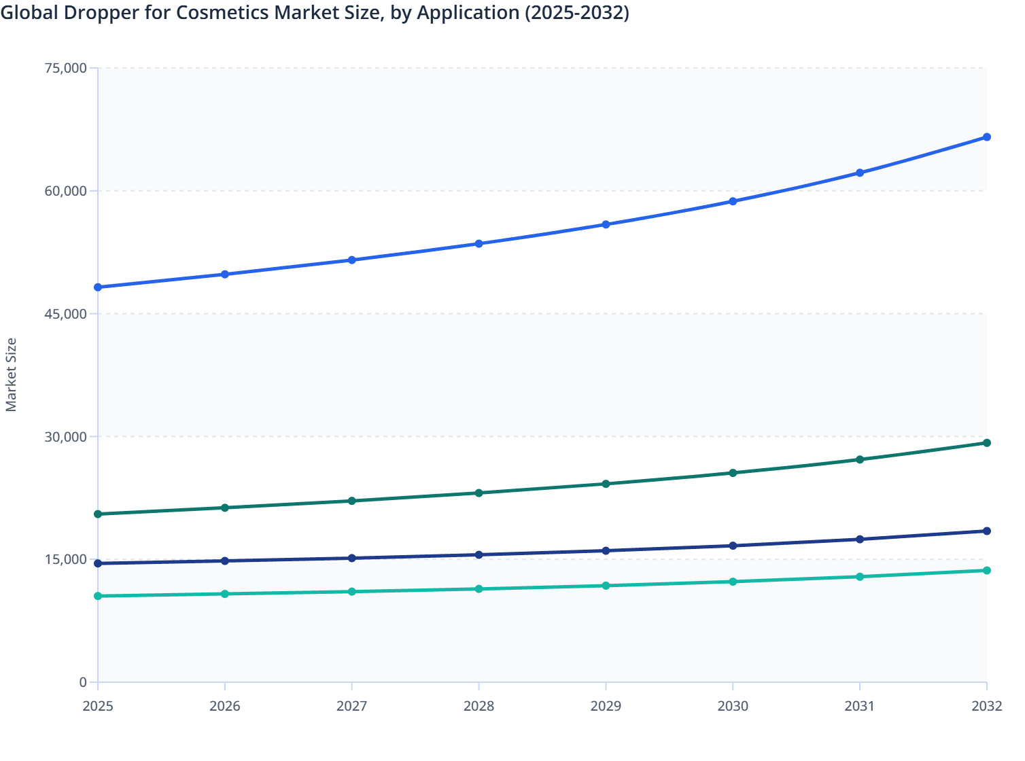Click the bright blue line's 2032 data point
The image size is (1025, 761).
tap(986, 137)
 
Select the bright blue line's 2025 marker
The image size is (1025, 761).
tap(98, 287)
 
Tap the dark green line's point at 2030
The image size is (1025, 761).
tap(733, 473)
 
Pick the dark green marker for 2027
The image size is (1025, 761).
tap(352, 501)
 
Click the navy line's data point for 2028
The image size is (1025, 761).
tap(479, 555)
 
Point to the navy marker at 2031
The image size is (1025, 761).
tap(860, 539)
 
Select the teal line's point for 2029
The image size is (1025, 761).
tap(606, 586)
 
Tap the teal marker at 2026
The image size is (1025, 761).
tap(225, 594)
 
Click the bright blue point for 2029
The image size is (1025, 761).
tap(606, 224)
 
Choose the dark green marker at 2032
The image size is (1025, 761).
tap(986, 443)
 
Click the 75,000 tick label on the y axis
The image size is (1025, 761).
tap(65, 68)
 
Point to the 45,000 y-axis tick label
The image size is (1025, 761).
tap(65, 314)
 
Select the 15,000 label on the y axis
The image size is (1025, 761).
tap(65, 560)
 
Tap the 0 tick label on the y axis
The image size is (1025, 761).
tap(83, 682)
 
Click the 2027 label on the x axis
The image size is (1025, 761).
tap(352, 706)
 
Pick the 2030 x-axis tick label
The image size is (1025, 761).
tap(733, 706)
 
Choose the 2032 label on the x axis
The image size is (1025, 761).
tap(986, 706)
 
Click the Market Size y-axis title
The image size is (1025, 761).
tap(12, 375)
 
